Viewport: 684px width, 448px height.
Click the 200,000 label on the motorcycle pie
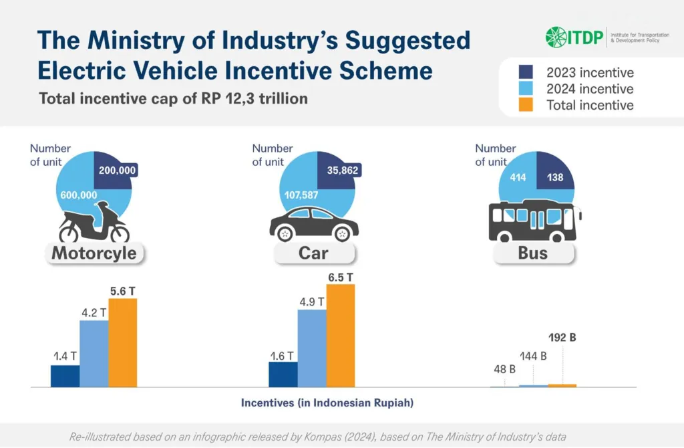click(117, 171)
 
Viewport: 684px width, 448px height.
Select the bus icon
click(534, 221)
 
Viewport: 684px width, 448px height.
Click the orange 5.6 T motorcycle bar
click(122, 342)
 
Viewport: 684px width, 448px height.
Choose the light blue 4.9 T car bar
click(312, 348)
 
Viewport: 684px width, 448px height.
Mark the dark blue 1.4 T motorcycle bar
click(65, 376)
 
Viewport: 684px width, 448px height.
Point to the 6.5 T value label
click(341, 276)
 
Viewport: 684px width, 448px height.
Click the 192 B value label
click(562, 338)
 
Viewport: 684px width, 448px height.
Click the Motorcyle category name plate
click(94, 253)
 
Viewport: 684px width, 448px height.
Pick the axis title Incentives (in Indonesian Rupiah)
click(327, 403)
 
